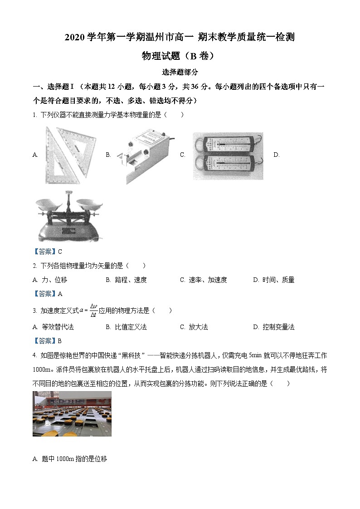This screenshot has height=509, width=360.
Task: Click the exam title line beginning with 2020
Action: tap(180, 38)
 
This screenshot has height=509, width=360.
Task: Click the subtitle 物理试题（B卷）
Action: tap(180, 56)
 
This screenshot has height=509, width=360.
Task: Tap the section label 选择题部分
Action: tap(180, 72)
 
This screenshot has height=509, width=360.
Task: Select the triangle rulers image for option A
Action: tap(71, 155)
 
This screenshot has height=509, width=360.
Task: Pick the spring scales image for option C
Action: tap(228, 155)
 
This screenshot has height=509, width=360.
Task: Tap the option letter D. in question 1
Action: tap(276, 155)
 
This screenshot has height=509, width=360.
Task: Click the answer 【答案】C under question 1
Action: tap(48, 252)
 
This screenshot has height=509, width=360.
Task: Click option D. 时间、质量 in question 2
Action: tap(274, 280)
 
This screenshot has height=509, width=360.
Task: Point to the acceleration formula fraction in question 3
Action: tap(93, 310)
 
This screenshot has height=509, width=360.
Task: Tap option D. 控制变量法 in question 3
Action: tap(274, 327)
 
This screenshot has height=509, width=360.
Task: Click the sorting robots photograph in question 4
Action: tap(72, 414)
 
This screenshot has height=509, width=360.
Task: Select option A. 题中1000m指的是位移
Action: tap(70, 459)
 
